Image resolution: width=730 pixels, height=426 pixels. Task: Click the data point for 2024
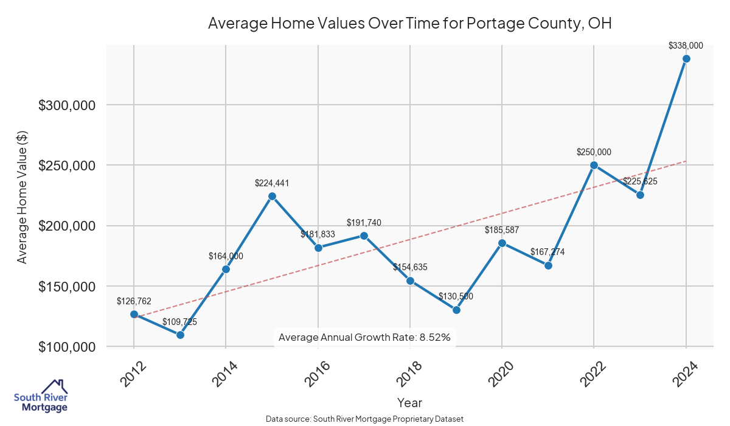(x=686, y=58)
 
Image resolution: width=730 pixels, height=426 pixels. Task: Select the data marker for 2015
(x=272, y=196)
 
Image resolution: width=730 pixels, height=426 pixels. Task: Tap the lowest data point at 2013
(x=180, y=335)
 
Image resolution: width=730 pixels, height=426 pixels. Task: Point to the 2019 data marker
(x=456, y=310)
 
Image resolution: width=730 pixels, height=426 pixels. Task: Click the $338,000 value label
(x=686, y=45)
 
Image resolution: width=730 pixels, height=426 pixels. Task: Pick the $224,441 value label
(x=272, y=183)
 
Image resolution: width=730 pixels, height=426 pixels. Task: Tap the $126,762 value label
(x=134, y=301)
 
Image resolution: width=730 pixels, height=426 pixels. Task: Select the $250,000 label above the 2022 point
(x=594, y=152)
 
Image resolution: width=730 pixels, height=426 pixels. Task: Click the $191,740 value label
(x=364, y=223)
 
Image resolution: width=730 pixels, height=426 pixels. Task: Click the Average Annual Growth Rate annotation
(x=364, y=337)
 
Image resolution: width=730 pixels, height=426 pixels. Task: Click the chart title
(x=409, y=24)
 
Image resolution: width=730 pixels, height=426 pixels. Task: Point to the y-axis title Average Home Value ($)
(x=23, y=196)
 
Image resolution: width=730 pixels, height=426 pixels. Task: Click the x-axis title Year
(x=409, y=402)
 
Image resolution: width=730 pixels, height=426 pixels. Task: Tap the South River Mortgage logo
(x=41, y=396)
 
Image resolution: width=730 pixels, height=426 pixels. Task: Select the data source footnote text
(x=365, y=419)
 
